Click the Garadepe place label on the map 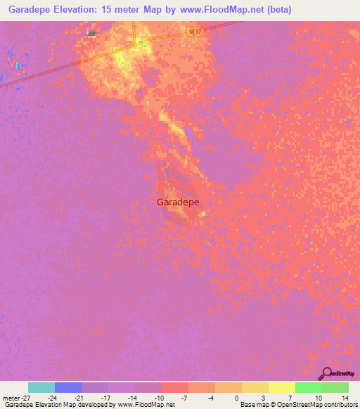178,202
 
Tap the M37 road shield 195,32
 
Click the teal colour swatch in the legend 41,387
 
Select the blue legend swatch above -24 67,387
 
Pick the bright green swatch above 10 308,387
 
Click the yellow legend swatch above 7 281,387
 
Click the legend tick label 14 345,398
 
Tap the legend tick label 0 236,398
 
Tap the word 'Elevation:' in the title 77,10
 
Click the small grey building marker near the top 92,33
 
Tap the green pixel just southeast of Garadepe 204,214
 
